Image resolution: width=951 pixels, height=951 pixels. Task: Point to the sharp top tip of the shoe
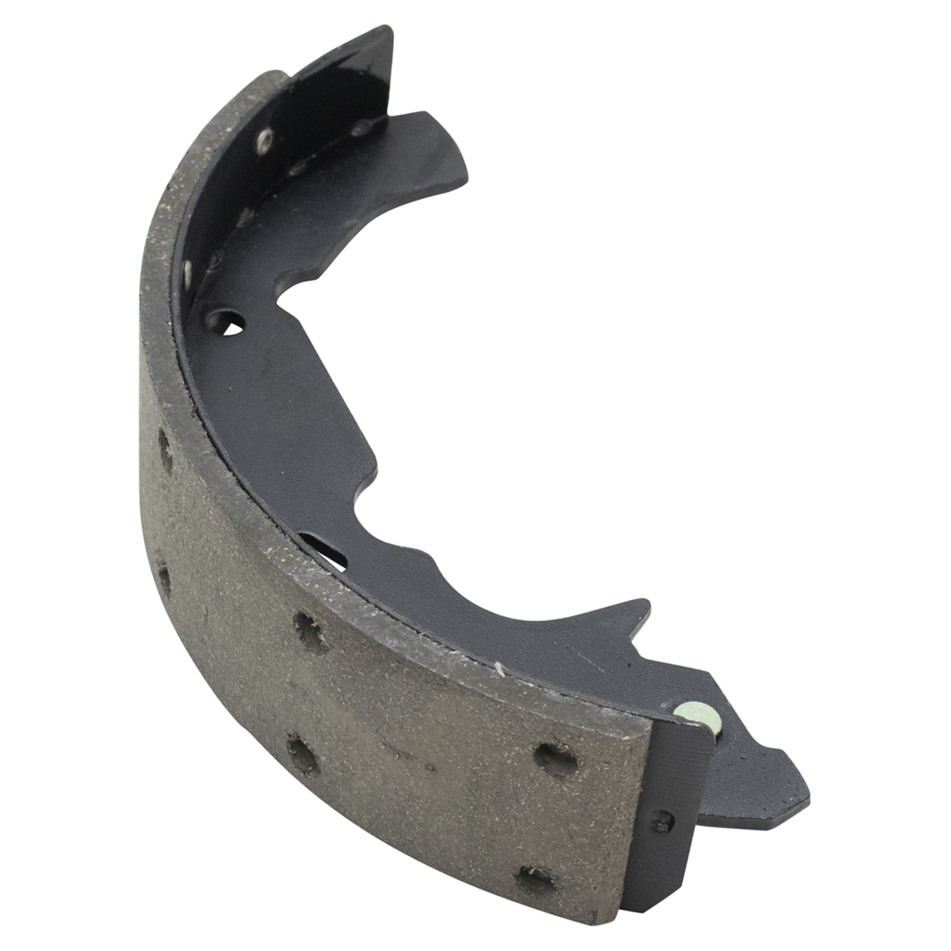point(389,28)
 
